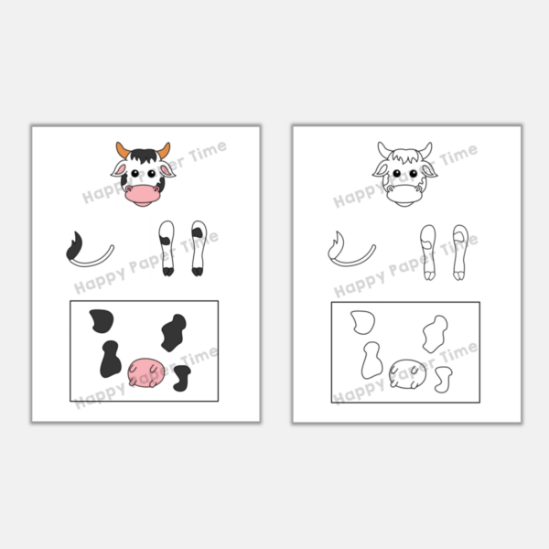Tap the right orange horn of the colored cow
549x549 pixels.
[x=164, y=150]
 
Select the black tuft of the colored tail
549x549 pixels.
[x=73, y=246]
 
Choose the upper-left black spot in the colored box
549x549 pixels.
[x=99, y=321]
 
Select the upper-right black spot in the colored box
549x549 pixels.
[x=173, y=331]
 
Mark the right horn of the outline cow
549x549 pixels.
[x=425, y=150]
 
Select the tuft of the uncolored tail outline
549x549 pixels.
[x=335, y=246]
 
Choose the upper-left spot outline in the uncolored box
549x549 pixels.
[x=362, y=322]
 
